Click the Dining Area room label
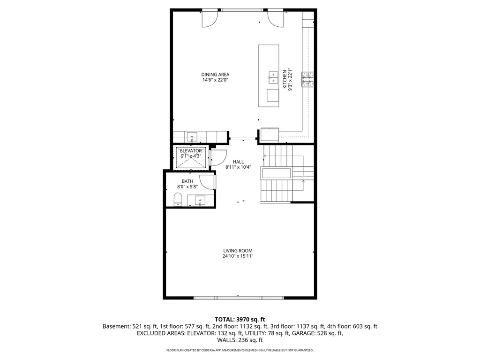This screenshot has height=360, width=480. (215, 75)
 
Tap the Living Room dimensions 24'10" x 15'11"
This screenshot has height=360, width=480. (238, 256)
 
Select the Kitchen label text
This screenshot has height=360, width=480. (285, 79)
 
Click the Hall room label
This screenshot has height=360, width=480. (238, 162)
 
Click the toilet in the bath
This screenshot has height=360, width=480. (178, 199)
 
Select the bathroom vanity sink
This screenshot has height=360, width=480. (200, 201)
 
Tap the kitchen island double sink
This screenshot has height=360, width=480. (273, 77)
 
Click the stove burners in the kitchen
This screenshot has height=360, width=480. (307, 79)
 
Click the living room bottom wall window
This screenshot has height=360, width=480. (239, 298)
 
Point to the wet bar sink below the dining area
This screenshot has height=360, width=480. (192, 136)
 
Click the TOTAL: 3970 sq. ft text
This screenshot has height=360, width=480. (240, 320)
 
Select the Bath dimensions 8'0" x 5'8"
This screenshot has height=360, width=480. (187, 187)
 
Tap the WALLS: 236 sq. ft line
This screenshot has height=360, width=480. (240, 340)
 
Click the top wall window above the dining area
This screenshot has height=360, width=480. (242, 10)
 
